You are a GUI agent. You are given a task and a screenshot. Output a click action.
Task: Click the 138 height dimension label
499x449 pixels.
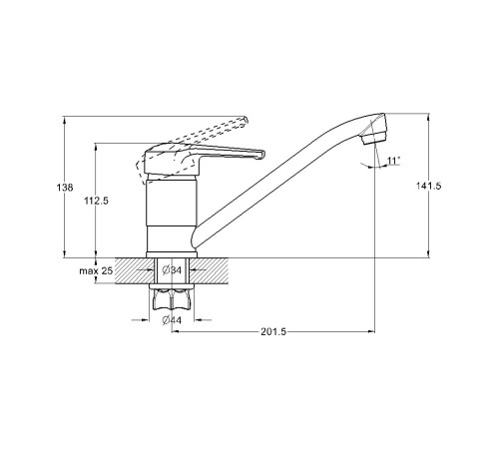tap(65, 188)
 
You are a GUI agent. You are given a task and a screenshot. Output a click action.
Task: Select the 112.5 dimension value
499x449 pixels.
tap(96, 201)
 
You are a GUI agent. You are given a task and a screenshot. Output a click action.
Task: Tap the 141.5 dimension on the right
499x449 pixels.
tap(428, 186)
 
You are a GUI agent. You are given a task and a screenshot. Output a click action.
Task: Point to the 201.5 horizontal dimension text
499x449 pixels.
tap(273, 332)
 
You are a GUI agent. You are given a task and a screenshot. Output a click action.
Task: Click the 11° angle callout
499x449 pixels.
tap(393, 161)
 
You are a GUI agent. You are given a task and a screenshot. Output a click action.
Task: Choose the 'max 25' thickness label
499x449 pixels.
tap(96, 270)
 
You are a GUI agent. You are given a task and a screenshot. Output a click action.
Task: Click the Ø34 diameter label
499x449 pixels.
tap(172, 270)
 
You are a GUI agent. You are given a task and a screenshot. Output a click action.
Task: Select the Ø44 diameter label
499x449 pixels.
tap(172, 320)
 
